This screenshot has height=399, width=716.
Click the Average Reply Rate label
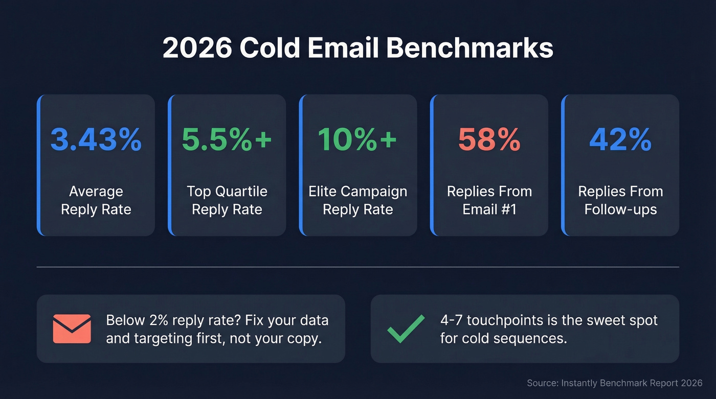tap(96, 200)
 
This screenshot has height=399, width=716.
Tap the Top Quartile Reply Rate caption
tap(227, 200)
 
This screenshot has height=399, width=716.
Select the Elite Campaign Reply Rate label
tap(358, 200)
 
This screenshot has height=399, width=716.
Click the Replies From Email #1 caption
tap(489, 200)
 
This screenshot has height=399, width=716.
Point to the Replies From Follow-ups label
tap(620, 200)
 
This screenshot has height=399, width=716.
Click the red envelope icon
tap(72, 328)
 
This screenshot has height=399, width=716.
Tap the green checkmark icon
tap(406, 328)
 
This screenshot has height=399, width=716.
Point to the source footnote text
tap(615, 383)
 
